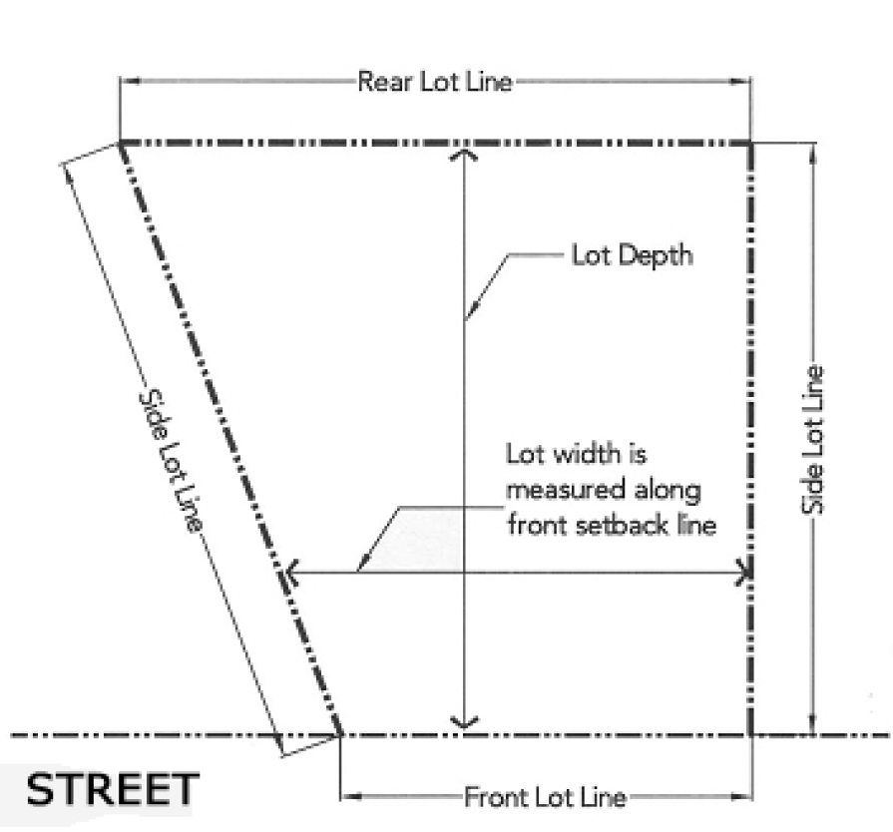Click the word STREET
(x=112, y=789)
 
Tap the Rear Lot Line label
(x=435, y=82)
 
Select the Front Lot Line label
(x=545, y=797)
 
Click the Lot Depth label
(x=631, y=255)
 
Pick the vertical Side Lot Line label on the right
(x=814, y=440)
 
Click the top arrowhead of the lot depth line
(x=464, y=154)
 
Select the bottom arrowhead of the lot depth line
(x=464, y=722)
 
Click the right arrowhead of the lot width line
(x=745, y=573)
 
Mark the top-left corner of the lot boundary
(x=121, y=144)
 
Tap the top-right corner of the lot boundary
(x=751, y=144)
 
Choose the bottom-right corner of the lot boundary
(x=751, y=736)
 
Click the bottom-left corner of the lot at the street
(x=341, y=736)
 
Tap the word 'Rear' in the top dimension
(x=378, y=82)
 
